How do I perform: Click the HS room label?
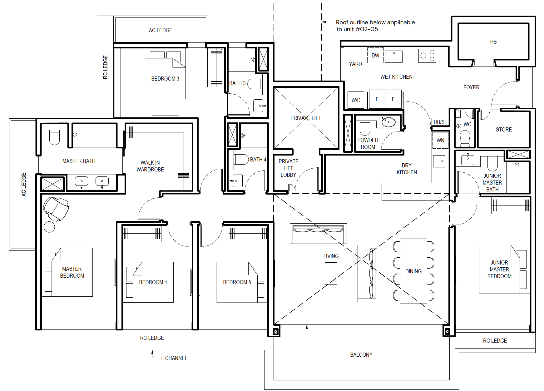(x=493, y=42)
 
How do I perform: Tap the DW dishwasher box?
(x=375, y=56)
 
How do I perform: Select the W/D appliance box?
(x=356, y=100)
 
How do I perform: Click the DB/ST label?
(x=441, y=122)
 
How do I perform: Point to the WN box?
(x=440, y=140)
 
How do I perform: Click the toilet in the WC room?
(x=465, y=138)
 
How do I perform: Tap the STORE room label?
(x=504, y=130)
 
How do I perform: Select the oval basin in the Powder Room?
(x=388, y=121)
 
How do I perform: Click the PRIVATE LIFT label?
(x=306, y=118)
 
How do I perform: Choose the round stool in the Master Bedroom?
(x=49, y=227)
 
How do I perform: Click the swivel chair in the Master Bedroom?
(x=56, y=209)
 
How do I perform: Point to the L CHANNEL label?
(x=174, y=358)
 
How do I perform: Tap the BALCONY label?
(x=361, y=355)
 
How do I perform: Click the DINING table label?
(x=413, y=271)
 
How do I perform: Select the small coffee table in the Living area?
(x=331, y=273)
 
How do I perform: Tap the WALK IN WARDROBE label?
(x=150, y=166)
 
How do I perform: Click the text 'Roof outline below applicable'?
(x=375, y=22)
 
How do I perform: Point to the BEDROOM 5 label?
(x=237, y=282)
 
